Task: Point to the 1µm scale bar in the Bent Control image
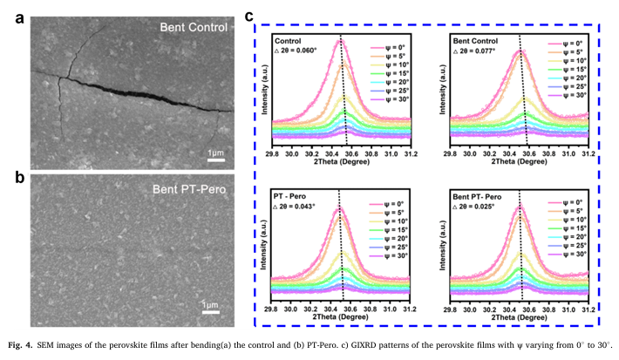(x=217, y=160)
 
